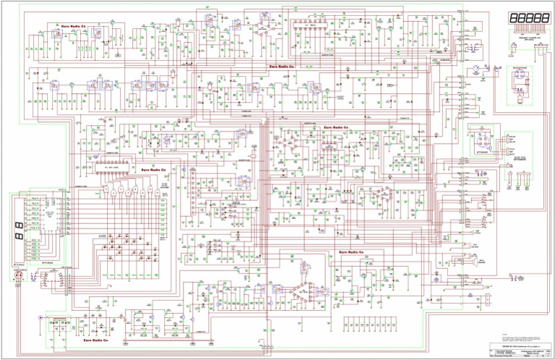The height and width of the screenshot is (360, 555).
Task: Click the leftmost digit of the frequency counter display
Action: pos(513,17)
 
